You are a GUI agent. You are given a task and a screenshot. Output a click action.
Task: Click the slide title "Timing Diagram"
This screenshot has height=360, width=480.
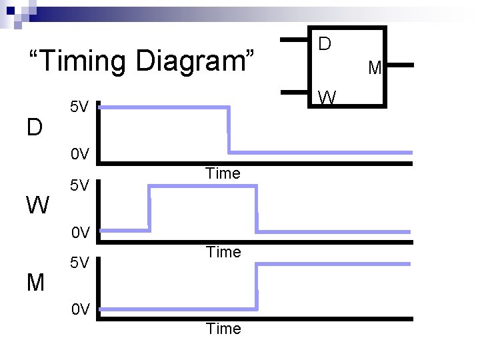pos(139,61)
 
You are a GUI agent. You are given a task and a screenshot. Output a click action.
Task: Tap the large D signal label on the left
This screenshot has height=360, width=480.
pos(35,126)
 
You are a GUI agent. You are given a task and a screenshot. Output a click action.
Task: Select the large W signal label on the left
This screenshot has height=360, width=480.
pos(37,205)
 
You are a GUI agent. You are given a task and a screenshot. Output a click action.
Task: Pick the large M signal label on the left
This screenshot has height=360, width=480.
pos(35,283)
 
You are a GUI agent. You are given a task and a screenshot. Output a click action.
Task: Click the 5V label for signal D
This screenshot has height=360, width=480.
pos(79,107)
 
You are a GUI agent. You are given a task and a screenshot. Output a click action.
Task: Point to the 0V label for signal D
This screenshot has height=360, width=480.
pos(79,155)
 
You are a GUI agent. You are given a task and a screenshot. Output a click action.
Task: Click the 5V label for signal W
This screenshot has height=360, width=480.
pos(79,185)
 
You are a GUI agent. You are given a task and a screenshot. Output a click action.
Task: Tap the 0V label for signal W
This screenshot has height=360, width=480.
pos(79,233)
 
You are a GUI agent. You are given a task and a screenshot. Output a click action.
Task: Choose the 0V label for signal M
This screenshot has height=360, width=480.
pos(79,310)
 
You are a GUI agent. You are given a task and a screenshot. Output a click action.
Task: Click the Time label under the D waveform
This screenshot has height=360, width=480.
pos(223,174)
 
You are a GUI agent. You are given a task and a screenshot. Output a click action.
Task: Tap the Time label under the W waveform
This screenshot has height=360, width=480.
pos(223,252)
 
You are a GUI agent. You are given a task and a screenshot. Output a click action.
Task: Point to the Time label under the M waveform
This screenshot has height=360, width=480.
pos(223,329)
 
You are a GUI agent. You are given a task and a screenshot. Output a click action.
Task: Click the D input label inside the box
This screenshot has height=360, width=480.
pos(325,44)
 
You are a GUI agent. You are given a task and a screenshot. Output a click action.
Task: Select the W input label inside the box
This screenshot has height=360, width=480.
pos(327,97)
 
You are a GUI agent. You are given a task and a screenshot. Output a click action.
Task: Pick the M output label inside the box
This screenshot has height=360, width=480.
pos(375,67)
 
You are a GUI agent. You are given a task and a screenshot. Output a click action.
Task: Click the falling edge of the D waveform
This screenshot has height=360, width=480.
pos(229,129)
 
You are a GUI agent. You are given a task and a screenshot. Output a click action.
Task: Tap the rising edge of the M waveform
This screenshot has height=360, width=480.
pos(257,287)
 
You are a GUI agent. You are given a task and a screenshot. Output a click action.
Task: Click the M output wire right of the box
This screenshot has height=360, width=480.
pos(400,66)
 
